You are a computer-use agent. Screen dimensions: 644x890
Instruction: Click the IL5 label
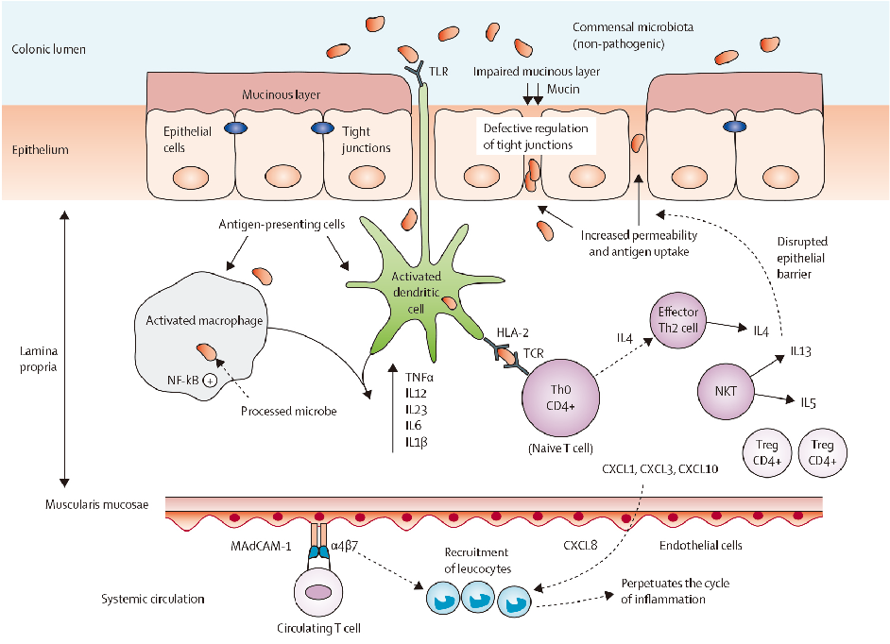pyautogui.click(x=809, y=403)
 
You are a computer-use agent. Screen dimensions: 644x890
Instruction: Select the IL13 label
pyautogui.click(x=802, y=352)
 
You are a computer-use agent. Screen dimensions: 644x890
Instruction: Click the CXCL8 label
pyautogui.click(x=580, y=545)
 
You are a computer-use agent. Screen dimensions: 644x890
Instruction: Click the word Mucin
pyautogui.click(x=568, y=90)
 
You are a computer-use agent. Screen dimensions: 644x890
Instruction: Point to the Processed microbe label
pyautogui.click(x=288, y=412)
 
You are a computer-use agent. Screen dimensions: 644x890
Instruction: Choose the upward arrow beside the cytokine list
pyautogui.click(x=393, y=406)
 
